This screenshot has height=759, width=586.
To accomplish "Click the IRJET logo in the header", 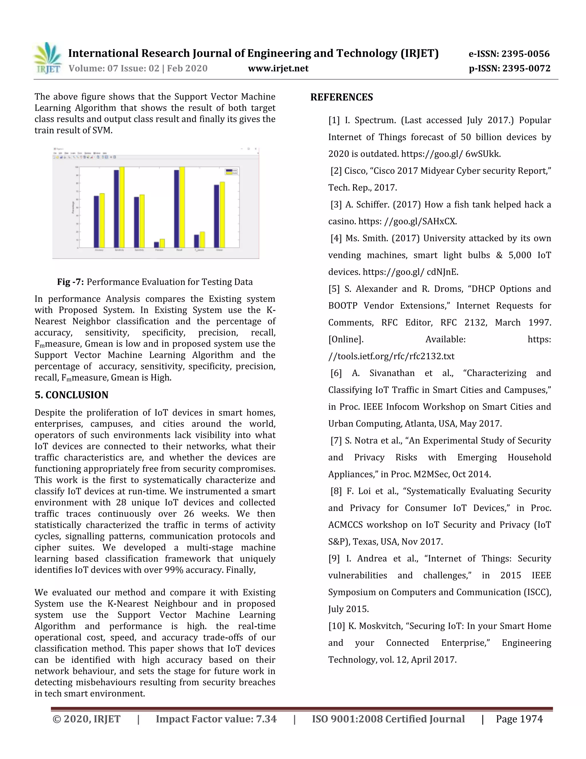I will [x=48, y=58].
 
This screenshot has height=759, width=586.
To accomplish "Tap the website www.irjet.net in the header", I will [x=278, y=68].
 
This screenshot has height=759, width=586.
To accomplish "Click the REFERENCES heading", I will [x=342, y=97].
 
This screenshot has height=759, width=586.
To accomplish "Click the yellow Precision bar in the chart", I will [x=162, y=243].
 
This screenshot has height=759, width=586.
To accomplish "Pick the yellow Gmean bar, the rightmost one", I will [x=222, y=215].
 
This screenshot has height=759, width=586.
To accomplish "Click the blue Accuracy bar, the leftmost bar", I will [x=96, y=221].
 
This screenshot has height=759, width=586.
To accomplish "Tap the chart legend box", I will [x=231, y=172].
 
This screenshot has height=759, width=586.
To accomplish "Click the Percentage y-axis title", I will [x=73, y=207].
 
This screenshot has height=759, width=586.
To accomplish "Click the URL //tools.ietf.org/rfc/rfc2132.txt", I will [x=391, y=356].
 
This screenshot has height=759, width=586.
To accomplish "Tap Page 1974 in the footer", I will [x=519, y=719].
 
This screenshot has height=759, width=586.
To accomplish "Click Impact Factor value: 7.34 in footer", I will [x=216, y=719].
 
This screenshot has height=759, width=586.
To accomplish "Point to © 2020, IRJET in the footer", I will [x=86, y=719].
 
